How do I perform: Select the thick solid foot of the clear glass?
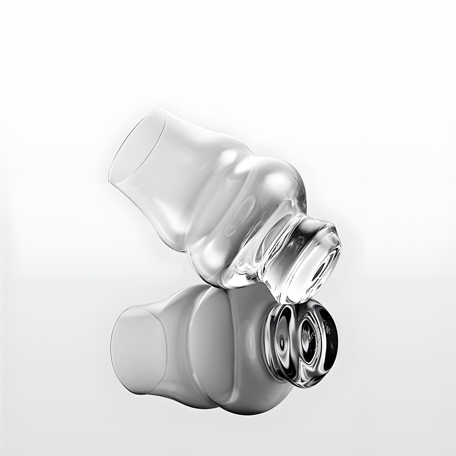click(x=303, y=249)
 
